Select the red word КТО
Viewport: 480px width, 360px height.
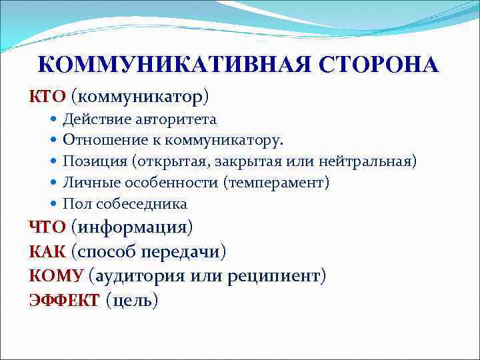47,97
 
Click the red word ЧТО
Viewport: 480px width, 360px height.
47,227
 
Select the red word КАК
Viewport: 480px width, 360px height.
46,252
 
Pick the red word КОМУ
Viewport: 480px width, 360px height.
55,276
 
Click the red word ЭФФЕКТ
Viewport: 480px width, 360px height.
64,300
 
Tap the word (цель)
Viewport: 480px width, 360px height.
132,301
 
